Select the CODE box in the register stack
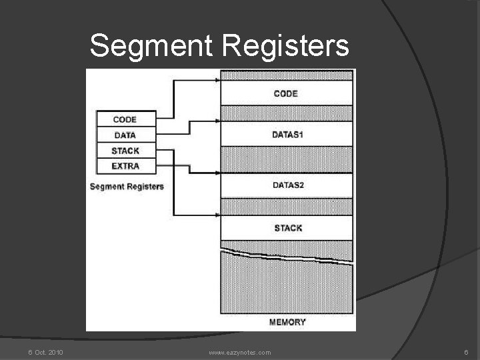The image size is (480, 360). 125,119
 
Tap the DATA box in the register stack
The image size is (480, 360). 125,135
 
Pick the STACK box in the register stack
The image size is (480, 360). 125,151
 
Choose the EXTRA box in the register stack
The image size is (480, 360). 125,165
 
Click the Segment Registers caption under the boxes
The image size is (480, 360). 127,187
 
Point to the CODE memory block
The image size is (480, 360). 286,94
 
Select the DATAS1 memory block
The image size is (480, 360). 287,135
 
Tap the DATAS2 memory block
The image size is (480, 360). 287,185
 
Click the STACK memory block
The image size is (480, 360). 287,228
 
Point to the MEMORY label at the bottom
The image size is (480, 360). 287,322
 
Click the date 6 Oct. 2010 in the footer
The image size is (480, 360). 45,352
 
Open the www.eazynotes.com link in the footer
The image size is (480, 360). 240,352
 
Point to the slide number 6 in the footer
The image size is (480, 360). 467,352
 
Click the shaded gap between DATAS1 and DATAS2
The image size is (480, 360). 287,160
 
